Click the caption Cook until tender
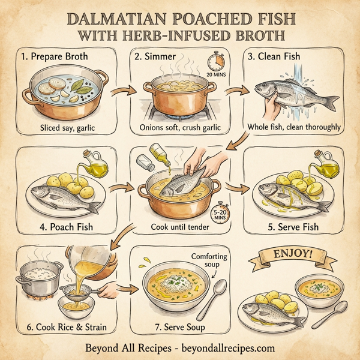click(x=180, y=229)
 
